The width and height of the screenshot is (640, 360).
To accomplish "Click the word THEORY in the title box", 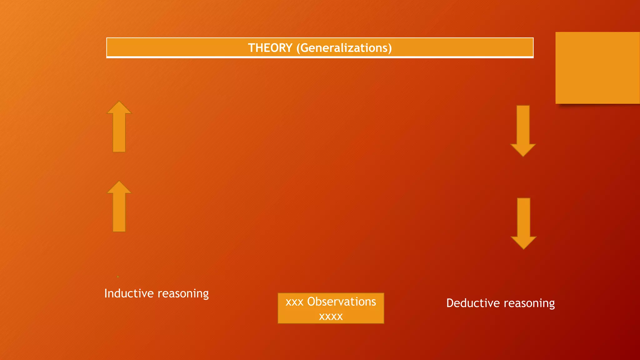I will coord(270,48).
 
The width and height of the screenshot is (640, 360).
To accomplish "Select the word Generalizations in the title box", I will coord(344,48).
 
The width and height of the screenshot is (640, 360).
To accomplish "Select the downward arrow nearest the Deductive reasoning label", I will coord(523,223).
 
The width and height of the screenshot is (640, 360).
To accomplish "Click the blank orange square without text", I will coord(597,68).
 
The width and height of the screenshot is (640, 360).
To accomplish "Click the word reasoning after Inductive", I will coord(183,294).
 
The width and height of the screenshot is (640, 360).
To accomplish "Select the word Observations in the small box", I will coord(342,302).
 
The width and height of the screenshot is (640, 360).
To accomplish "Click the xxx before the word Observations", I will coord(294,302).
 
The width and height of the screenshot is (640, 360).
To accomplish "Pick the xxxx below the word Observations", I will coord(331,317).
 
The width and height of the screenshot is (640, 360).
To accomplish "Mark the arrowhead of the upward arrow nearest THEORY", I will coord(119,107).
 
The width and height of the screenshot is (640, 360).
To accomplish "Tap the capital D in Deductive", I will coord(450,303).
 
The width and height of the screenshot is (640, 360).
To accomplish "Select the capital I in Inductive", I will coord(106,293).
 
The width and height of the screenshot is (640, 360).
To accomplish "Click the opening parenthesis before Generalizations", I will coord(298,48).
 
